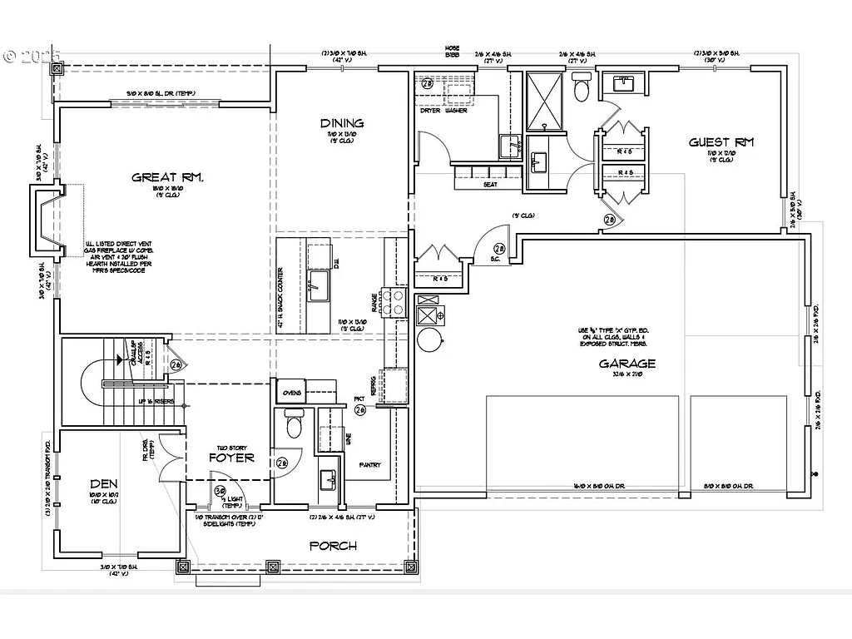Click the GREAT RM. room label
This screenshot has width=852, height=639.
pyautogui.click(x=168, y=176)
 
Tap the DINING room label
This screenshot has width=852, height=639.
pyautogui.click(x=342, y=124)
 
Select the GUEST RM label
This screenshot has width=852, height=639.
pyautogui.click(x=721, y=142)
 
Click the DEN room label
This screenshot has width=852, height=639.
pyautogui.click(x=104, y=483)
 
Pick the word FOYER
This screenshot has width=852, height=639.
pyautogui.click(x=230, y=458)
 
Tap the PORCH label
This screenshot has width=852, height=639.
pyautogui.click(x=333, y=546)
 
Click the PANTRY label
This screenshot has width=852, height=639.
pyautogui.click(x=369, y=465)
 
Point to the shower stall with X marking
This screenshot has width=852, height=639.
pyautogui.click(x=546, y=102)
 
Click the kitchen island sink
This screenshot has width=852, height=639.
pyautogui.click(x=319, y=287)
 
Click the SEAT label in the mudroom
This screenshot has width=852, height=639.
pyautogui.click(x=490, y=185)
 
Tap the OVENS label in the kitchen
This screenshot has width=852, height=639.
pyautogui.click(x=292, y=393)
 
